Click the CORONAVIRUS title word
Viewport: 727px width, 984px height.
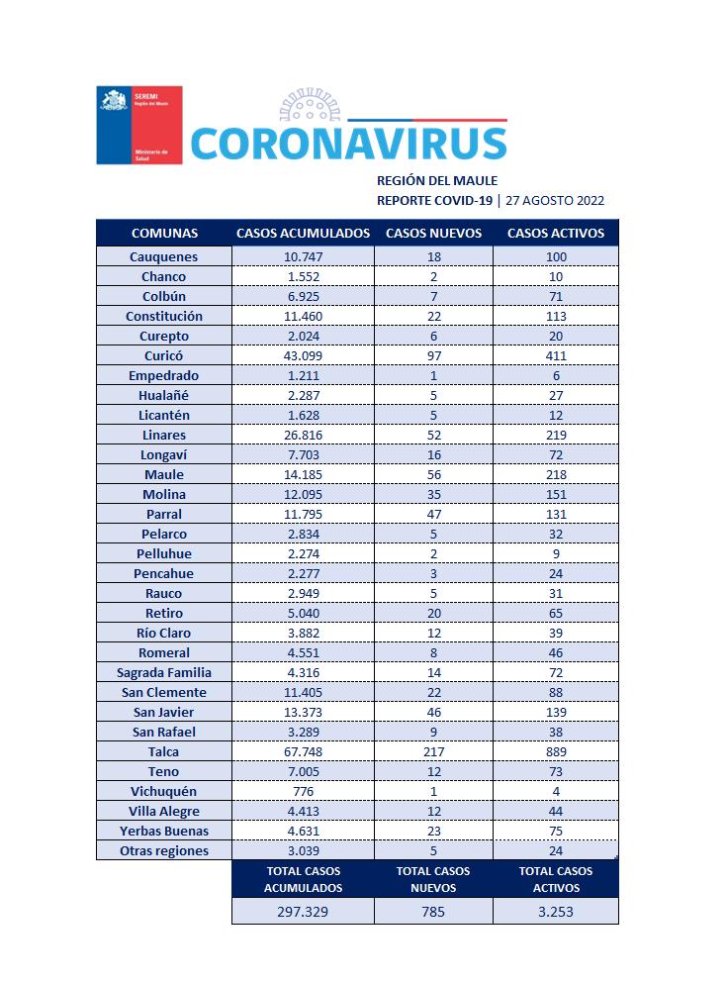click(x=348, y=144)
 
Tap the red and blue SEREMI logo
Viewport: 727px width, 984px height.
click(x=138, y=126)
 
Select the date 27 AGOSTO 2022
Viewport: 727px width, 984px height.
click(x=555, y=200)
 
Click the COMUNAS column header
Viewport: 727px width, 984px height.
click(x=164, y=234)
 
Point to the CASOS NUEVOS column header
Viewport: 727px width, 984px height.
click(x=433, y=234)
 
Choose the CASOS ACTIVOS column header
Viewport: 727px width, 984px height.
click(x=555, y=234)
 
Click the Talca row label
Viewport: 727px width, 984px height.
click(x=164, y=751)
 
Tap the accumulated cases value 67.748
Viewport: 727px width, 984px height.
click(x=303, y=751)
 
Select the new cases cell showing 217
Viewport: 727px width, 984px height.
click(x=433, y=751)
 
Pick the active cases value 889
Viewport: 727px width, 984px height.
click(x=555, y=751)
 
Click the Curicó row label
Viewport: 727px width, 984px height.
click(x=164, y=355)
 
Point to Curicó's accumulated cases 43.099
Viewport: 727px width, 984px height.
click(x=303, y=355)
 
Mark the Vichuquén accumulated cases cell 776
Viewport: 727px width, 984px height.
click(x=303, y=791)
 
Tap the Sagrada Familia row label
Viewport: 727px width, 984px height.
click(x=164, y=672)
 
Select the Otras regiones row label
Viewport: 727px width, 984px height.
click(x=164, y=850)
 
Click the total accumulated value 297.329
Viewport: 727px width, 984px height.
click(x=303, y=911)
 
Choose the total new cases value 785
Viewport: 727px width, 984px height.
click(x=433, y=911)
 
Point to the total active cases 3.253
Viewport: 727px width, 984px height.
click(x=555, y=911)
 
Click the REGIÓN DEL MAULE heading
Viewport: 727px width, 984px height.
click(x=437, y=180)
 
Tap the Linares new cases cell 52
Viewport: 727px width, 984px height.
click(x=433, y=435)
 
